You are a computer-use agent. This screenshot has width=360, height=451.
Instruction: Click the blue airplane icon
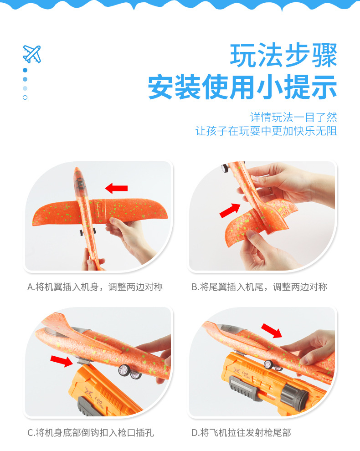click(x=31, y=54)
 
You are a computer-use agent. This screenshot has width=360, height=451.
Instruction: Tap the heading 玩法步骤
click(x=283, y=56)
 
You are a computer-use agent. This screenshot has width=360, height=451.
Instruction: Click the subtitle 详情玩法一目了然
click(x=293, y=117)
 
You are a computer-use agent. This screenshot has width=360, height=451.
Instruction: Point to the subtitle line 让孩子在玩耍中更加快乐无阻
click(x=266, y=131)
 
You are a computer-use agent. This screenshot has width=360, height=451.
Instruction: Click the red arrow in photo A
click(x=116, y=188)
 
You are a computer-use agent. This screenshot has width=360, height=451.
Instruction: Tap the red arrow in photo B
click(x=230, y=210)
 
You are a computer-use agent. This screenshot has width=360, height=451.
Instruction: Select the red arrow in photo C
click(x=62, y=362)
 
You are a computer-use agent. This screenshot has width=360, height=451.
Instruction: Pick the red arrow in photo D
click(x=272, y=331)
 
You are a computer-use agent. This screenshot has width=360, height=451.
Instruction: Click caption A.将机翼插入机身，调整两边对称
click(x=95, y=287)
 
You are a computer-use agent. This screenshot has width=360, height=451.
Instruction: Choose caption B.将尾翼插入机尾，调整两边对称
click(x=259, y=287)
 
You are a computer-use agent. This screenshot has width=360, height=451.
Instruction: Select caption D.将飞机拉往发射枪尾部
click(x=241, y=432)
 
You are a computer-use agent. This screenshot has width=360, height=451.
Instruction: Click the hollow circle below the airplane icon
click(x=25, y=97)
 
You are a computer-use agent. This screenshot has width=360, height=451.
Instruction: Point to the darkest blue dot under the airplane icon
click(x=25, y=70)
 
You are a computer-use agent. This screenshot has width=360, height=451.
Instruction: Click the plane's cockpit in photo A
click(x=80, y=184)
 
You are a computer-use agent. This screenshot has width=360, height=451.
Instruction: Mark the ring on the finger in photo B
click(x=270, y=190)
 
